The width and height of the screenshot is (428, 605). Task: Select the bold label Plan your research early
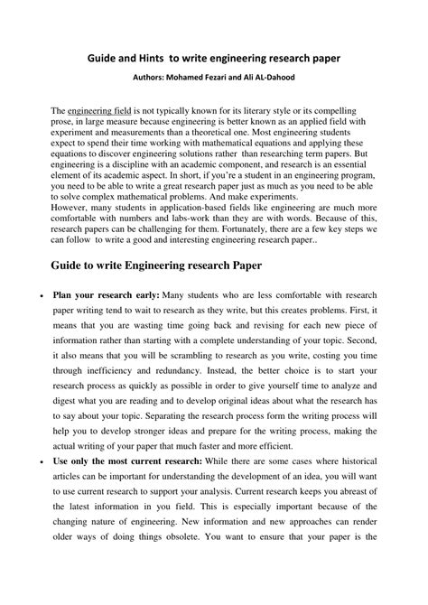(x=107, y=296)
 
